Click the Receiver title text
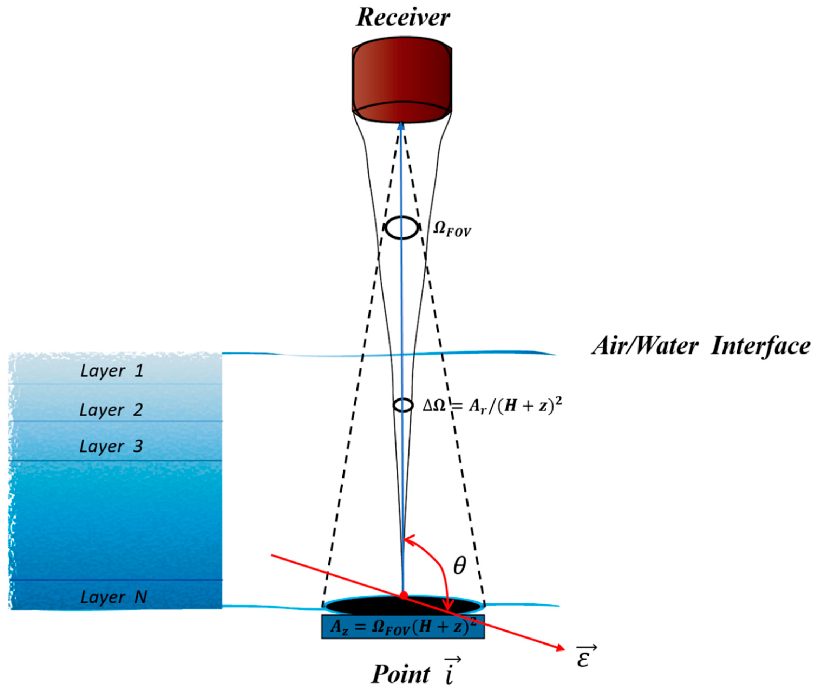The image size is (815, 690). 403,18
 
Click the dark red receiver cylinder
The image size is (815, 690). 402,78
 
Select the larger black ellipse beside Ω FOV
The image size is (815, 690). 402,227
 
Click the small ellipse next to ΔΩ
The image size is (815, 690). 403,405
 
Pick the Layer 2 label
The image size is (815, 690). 111,410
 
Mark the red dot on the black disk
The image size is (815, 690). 404,595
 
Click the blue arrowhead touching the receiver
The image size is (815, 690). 401,126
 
